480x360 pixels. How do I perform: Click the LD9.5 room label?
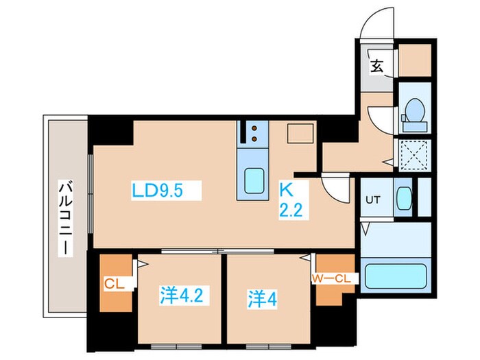point(157,191)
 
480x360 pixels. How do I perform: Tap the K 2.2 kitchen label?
point(291,200)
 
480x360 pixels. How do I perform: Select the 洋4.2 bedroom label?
point(181,295)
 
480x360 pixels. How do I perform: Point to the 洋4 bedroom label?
point(262,299)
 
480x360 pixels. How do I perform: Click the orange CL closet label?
point(115,284)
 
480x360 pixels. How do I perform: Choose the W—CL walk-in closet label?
point(331,278)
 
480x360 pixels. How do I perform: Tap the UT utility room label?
point(373,200)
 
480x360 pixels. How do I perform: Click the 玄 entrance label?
point(376,66)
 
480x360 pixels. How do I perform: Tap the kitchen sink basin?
point(254,180)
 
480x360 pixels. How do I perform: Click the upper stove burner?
point(254,128)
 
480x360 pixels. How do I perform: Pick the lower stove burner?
point(254,139)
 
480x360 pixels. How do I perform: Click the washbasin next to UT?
point(403,198)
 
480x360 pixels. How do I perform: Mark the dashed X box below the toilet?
point(414,155)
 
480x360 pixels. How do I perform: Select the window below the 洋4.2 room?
point(176,347)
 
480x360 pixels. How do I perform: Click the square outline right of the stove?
point(300,134)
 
